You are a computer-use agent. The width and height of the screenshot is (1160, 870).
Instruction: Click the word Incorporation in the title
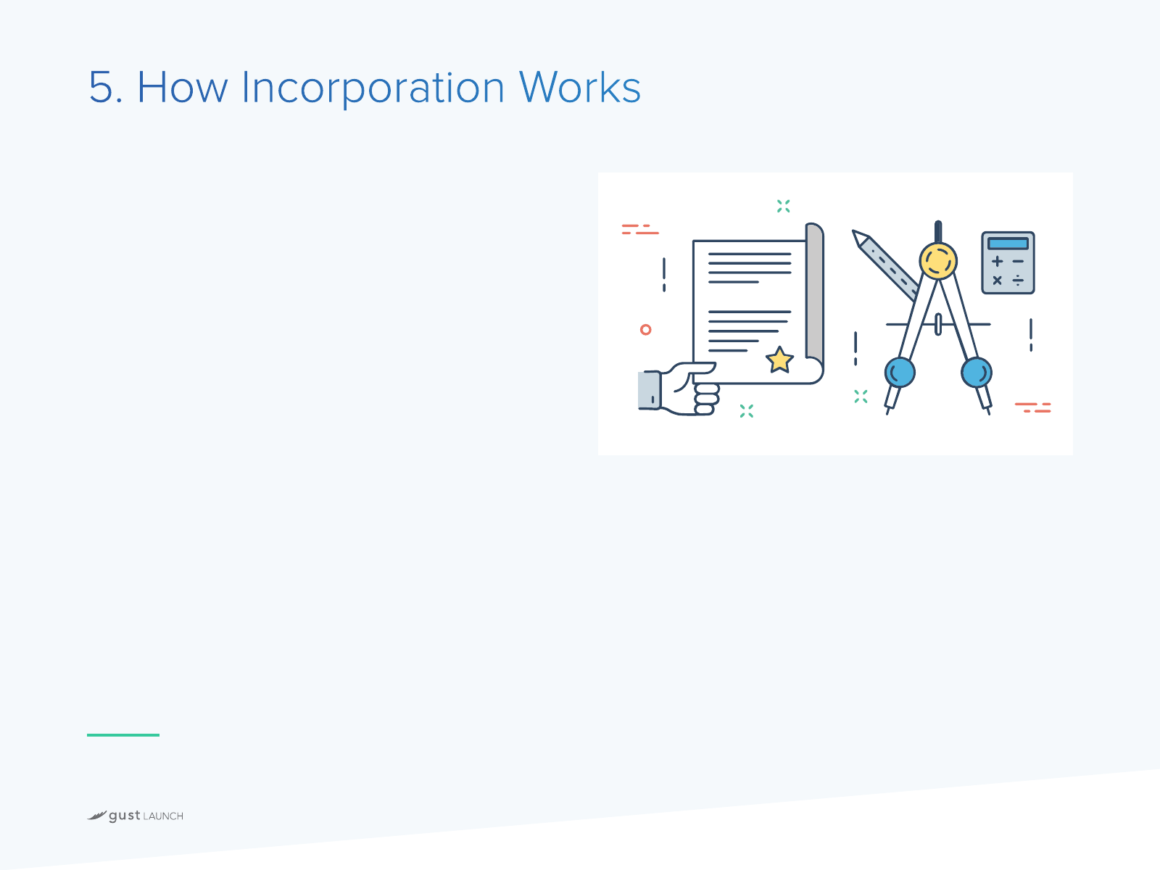coord(373,88)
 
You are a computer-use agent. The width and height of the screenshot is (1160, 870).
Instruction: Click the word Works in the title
coord(580,86)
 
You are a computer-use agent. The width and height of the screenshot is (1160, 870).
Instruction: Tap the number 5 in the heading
coord(101,86)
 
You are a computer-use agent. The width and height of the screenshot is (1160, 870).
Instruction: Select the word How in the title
coord(182,86)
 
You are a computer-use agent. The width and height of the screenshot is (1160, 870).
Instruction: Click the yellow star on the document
coord(779,360)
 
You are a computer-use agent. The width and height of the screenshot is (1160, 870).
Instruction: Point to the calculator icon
coord(1008,262)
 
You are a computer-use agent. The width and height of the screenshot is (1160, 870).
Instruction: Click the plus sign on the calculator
coord(997,261)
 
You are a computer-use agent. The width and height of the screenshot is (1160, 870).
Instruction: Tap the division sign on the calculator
coord(1018,281)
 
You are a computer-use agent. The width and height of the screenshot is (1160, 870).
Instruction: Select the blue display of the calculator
coord(1008,244)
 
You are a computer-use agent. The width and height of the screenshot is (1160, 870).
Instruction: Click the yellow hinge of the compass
coord(938,261)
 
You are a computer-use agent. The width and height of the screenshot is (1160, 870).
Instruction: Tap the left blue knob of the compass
coord(900,373)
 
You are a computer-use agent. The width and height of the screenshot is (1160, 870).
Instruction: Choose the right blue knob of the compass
coord(977,373)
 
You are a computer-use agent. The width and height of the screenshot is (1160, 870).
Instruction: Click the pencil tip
coord(855,234)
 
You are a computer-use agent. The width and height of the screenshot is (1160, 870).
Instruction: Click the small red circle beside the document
coord(645,330)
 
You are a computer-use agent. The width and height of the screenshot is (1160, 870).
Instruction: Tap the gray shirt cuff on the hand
coord(650,390)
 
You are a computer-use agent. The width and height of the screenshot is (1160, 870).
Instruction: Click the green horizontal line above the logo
coord(123,734)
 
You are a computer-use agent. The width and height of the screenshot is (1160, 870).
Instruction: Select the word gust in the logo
coord(125,816)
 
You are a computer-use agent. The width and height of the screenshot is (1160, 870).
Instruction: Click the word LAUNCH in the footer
coord(163,816)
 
